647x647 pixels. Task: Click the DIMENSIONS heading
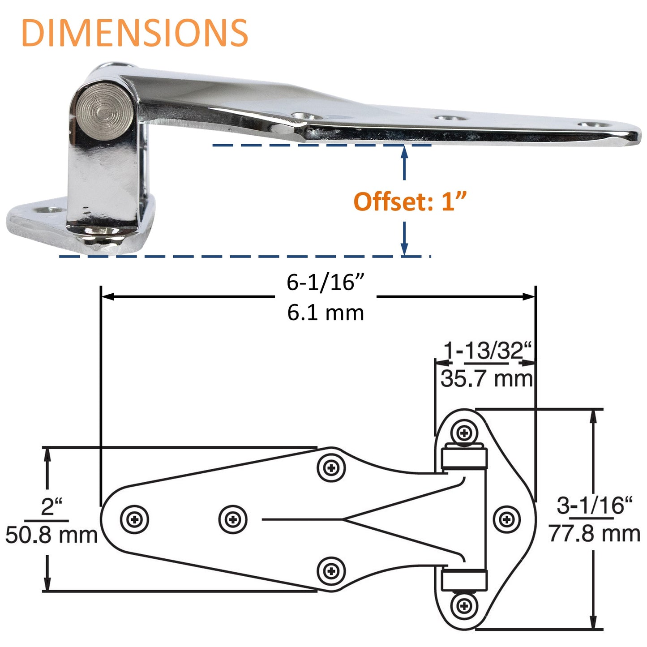[134, 33]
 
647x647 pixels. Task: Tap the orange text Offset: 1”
[410, 201]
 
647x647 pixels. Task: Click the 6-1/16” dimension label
[326, 282]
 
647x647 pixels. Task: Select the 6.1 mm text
[326, 312]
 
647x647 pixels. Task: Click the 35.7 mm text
[487, 379]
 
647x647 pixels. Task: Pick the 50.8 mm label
[51, 535]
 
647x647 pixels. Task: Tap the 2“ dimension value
[51, 506]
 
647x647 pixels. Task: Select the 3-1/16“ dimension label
[594, 506]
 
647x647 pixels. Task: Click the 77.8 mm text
[594, 534]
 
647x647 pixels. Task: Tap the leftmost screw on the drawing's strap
[134, 519]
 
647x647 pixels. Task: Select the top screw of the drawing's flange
[464, 433]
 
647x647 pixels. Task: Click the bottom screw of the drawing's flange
[464, 606]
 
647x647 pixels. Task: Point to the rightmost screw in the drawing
[506, 519]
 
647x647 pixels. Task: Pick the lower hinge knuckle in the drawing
[464, 580]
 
